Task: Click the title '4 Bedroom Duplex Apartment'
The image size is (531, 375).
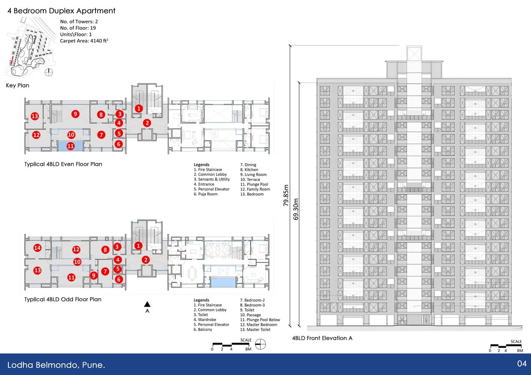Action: tap(61, 11)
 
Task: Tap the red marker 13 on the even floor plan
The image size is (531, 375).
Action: tap(35, 116)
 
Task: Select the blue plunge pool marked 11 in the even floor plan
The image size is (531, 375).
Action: tap(70, 146)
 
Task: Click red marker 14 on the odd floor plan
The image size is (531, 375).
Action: tap(38, 248)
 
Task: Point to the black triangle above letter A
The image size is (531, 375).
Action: tap(147, 304)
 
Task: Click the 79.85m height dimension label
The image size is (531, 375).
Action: tap(286, 195)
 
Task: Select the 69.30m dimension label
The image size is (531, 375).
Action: tap(296, 209)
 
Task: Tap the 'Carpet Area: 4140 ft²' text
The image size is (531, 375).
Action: tap(84, 41)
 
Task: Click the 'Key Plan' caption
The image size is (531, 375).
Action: tap(18, 85)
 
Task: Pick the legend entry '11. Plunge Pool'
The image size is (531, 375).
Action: tap(254, 184)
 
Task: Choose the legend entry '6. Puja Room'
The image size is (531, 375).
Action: tap(206, 194)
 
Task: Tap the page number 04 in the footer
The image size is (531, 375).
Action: tap(522, 363)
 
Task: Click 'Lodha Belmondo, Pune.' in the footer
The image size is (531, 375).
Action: tap(56, 365)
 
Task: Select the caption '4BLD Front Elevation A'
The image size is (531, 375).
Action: tap(322, 338)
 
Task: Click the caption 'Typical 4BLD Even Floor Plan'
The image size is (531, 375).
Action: tap(63, 164)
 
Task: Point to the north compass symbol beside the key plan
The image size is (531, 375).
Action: tap(49, 72)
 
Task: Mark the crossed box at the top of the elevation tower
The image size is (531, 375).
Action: tap(414, 53)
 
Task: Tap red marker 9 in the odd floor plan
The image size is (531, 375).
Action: tap(93, 275)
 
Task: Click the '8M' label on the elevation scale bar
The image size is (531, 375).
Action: tap(520, 350)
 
